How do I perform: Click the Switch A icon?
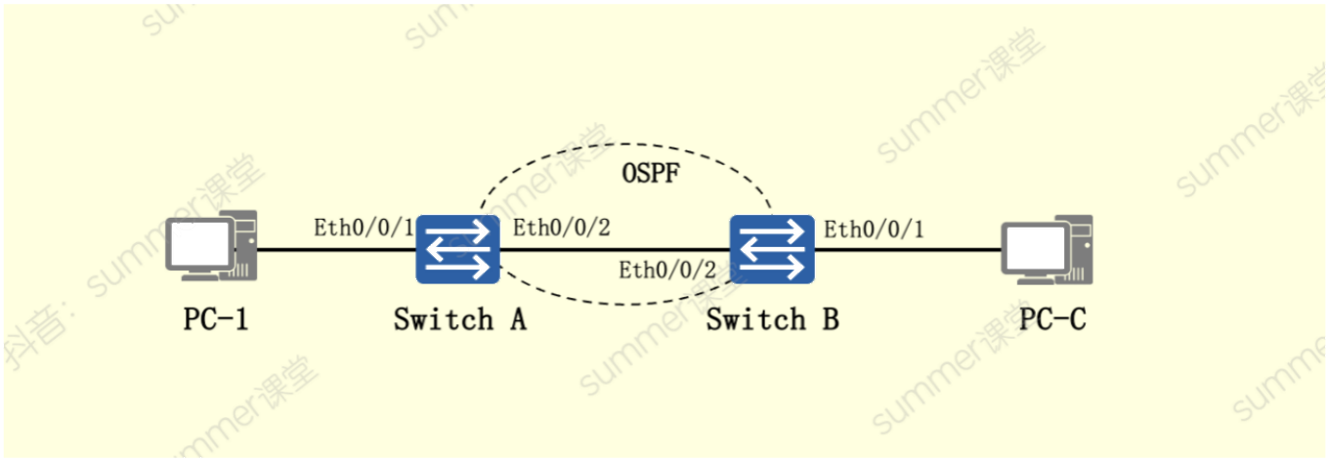pos(457,250)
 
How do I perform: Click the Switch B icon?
pos(772,250)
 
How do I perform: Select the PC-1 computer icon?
pos(211,245)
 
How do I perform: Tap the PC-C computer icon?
pos(1047,250)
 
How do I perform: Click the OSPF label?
pos(651,173)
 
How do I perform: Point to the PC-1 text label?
pos(215,319)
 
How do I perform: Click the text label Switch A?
pos(460,319)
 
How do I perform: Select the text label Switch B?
pos(773,319)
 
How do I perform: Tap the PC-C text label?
pos(1052,319)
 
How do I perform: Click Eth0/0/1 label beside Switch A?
pos(364,228)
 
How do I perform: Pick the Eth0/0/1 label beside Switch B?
pos(874,230)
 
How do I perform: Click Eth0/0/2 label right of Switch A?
pos(562,228)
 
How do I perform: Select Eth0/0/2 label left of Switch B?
pos(667,271)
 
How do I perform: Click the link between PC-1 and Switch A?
pos(337,250)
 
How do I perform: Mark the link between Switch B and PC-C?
pos(908,250)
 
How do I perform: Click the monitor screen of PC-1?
pos(199,243)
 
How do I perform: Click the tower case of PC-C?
pos(1080,250)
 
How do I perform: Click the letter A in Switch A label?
pos(519,319)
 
